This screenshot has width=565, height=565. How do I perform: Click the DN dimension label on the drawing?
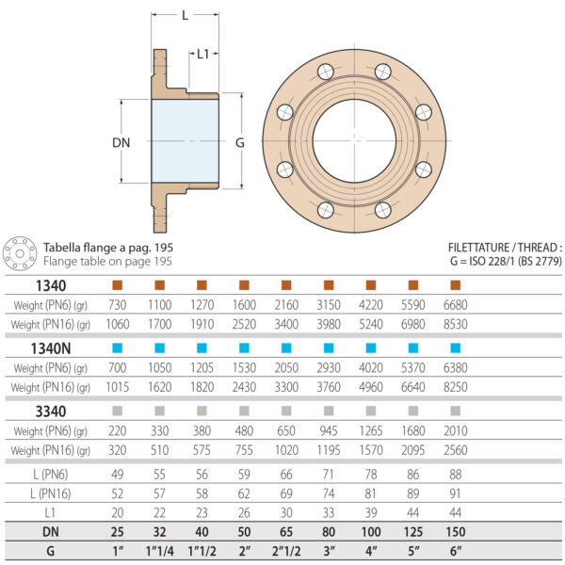(x=120, y=142)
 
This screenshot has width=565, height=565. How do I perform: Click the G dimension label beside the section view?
(x=240, y=142)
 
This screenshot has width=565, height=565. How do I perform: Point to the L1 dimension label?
(x=203, y=55)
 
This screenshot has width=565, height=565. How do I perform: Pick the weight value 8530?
(x=455, y=325)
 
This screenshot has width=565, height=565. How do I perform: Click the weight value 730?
(x=118, y=305)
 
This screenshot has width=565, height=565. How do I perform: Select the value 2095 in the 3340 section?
(x=412, y=449)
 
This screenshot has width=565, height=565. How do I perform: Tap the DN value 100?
(x=370, y=530)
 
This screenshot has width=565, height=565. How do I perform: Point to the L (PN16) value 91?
(x=456, y=492)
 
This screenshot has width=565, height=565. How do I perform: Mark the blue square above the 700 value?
(x=118, y=348)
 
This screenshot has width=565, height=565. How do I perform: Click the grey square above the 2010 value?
(x=456, y=411)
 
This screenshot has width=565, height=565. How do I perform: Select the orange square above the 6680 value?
(x=456, y=285)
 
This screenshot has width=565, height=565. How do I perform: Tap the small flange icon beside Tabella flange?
(x=20, y=253)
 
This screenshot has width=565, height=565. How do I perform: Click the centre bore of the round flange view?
(x=354, y=140)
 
